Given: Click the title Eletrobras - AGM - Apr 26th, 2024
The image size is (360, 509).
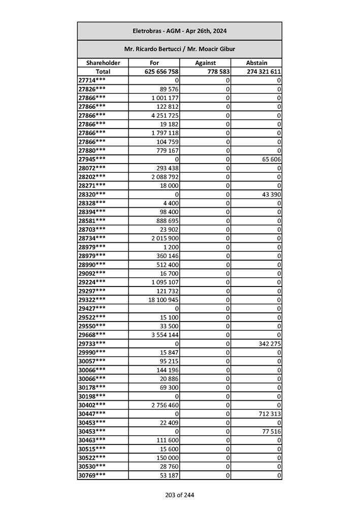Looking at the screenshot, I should click(x=179, y=31).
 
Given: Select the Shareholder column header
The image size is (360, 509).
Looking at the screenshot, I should click(x=103, y=63).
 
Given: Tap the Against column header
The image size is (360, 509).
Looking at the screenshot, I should click(x=206, y=63).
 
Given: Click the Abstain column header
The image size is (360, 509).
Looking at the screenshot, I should click(x=256, y=63).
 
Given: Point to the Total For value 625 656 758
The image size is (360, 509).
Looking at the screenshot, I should click(x=161, y=72).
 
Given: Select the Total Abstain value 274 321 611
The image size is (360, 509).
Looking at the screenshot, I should click(x=264, y=72).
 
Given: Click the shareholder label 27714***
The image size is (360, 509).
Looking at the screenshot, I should click(x=92, y=80).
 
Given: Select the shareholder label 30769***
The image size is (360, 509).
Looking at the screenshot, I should click(x=92, y=475).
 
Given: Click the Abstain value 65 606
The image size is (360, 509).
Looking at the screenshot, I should click(x=271, y=159).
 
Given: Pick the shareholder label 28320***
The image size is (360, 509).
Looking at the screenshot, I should click(x=92, y=195).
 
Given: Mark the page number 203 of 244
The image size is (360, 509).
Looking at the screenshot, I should click(x=179, y=495).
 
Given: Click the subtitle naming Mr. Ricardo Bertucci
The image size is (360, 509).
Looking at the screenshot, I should click(x=179, y=49).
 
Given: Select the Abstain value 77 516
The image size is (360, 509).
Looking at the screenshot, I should click(x=271, y=431).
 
